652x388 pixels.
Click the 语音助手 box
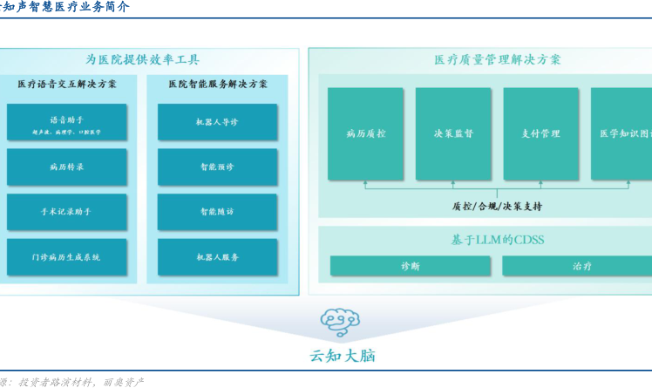click(66, 123)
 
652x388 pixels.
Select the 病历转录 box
click(66, 167)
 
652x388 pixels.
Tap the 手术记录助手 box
click(66, 212)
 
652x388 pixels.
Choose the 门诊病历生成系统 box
click(66, 257)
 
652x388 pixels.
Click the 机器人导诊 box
click(217, 122)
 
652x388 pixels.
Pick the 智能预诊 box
click(217, 167)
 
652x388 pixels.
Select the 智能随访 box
click(217, 212)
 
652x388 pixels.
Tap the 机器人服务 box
click(217, 257)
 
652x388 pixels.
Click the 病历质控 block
click(365, 133)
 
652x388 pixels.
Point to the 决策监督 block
click(453, 133)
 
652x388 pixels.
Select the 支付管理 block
click(540, 133)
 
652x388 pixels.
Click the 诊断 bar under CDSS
click(410, 266)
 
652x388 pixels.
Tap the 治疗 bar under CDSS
click(581, 266)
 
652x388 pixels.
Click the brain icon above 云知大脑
click(340, 322)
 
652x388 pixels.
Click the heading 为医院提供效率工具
click(142, 59)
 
